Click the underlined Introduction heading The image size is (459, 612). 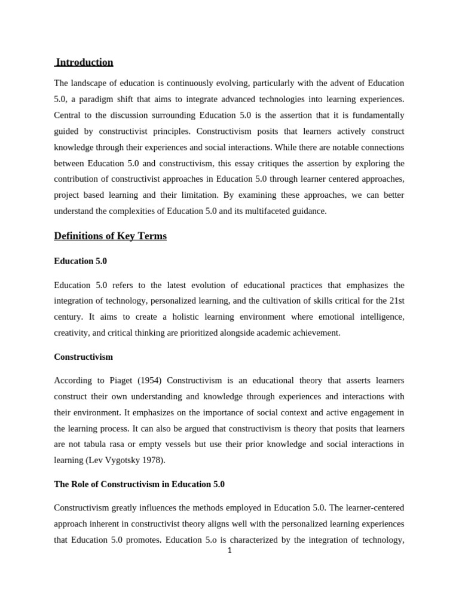pyautogui.click(x=84, y=62)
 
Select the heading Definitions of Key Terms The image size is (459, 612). pyautogui.click(x=110, y=236)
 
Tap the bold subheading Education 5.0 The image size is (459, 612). pyautogui.click(x=80, y=261)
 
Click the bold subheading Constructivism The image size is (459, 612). pyautogui.click(x=83, y=357)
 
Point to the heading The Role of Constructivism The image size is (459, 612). pyautogui.click(x=139, y=484)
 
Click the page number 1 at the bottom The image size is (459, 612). pyautogui.click(x=229, y=550)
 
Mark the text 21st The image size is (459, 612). pyautogui.click(x=394, y=301)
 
